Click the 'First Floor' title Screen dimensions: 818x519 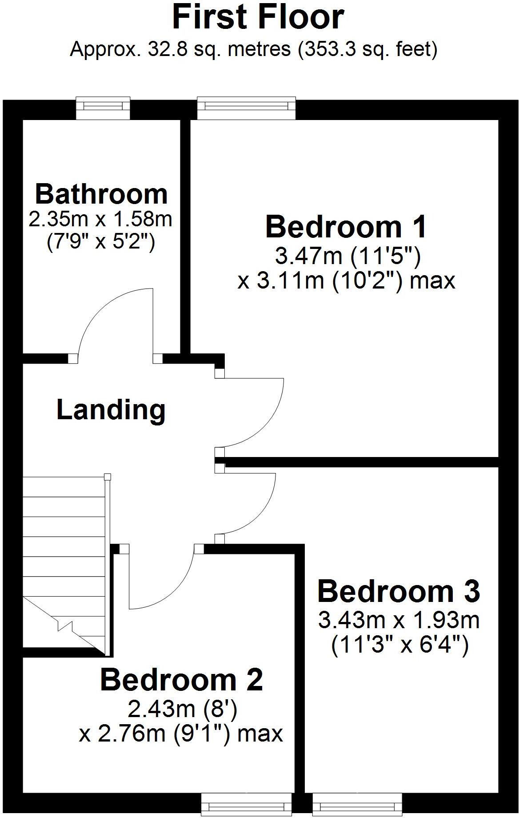pos(258,18)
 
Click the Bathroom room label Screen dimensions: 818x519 pos(101,194)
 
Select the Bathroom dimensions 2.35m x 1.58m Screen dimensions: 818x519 pos(100,219)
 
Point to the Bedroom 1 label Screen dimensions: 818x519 pos(346,227)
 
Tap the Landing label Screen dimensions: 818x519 pos(111,410)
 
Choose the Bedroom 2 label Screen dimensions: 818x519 pos(182,680)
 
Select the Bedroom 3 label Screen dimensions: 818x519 pos(399,591)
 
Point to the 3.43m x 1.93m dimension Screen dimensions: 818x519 pos(399,620)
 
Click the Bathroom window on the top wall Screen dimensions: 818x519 pos(103,108)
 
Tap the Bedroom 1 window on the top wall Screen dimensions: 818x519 pos(246,108)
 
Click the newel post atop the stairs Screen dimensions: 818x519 pos(107,477)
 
